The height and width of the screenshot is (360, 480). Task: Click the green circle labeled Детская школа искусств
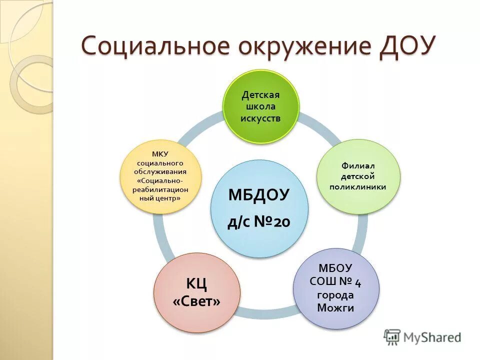click(x=260, y=106)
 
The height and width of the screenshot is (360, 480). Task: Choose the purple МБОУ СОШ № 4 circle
click(x=336, y=288)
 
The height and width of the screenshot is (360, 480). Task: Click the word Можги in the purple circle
click(x=335, y=307)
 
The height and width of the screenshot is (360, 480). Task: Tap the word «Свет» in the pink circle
click(x=196, y=302)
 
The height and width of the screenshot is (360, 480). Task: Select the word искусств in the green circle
click(x=260, y=118)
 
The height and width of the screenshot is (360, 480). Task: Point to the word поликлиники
click(x=358, y=186)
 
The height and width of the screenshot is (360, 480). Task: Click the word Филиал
click(x=358, y=165)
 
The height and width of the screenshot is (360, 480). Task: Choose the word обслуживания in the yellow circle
click(x=160, y=171)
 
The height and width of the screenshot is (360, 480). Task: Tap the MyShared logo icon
click(x=392, y=337)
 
